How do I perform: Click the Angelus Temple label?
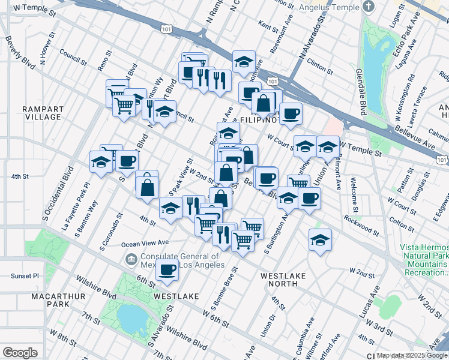[335, 7]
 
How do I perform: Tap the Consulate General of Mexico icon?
[130, 259]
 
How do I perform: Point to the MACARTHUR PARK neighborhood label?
[24, 299]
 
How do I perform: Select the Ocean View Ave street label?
[145, 244]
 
